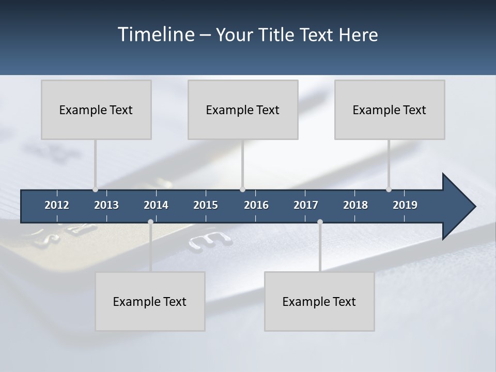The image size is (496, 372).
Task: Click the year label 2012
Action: click(x=57, y=205)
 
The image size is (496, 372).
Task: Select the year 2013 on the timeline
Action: click(x=106, y=205)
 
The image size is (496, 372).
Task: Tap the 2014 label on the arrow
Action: click(x=156, y=205)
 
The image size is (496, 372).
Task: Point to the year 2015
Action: click(x=206, y=205)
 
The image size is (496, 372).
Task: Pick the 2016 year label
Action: click(x=256, y=205)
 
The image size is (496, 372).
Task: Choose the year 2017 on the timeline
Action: click(x=306, y=205)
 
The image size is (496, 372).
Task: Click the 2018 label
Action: click(x=355, y=205)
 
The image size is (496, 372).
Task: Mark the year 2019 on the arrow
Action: click(x=405, y=205)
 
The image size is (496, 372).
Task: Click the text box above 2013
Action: click(x=96, y=110)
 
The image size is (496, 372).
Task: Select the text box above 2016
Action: click(x=243, y=110)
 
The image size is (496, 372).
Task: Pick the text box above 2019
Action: click(x=390, y=110)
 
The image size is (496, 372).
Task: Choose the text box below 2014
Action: click(x=150, y=301)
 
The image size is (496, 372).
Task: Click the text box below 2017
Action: click(x=319, y=301)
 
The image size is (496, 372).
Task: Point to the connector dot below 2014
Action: click(x=150, y=222)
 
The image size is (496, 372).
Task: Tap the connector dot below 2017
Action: click(x=320, y=222)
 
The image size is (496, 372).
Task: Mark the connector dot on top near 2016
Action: click(x=243, y=190)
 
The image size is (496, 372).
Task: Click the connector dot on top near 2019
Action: click(x=389, y=190)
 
